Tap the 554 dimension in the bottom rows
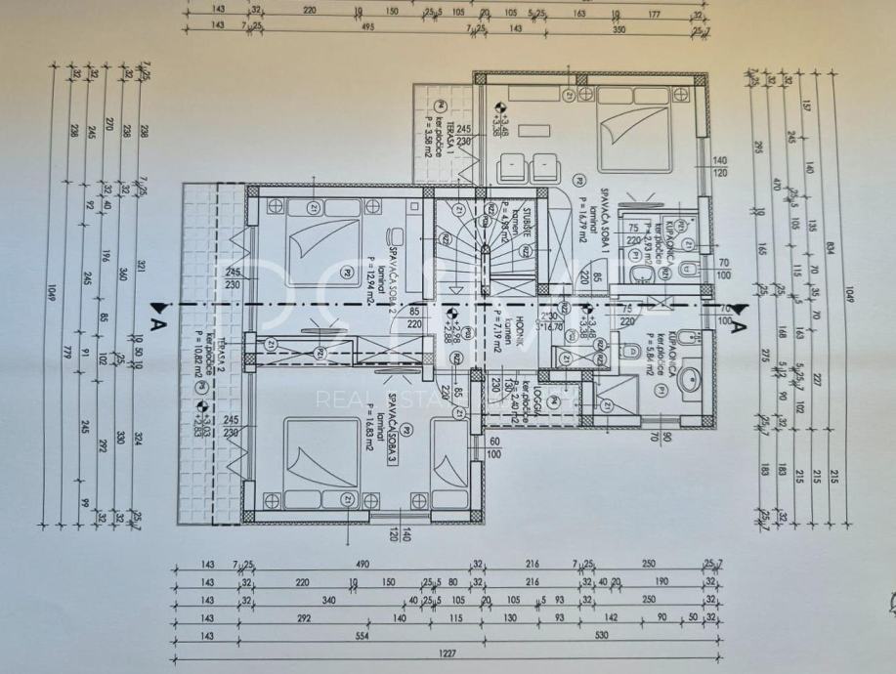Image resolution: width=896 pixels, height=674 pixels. point(333,636)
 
